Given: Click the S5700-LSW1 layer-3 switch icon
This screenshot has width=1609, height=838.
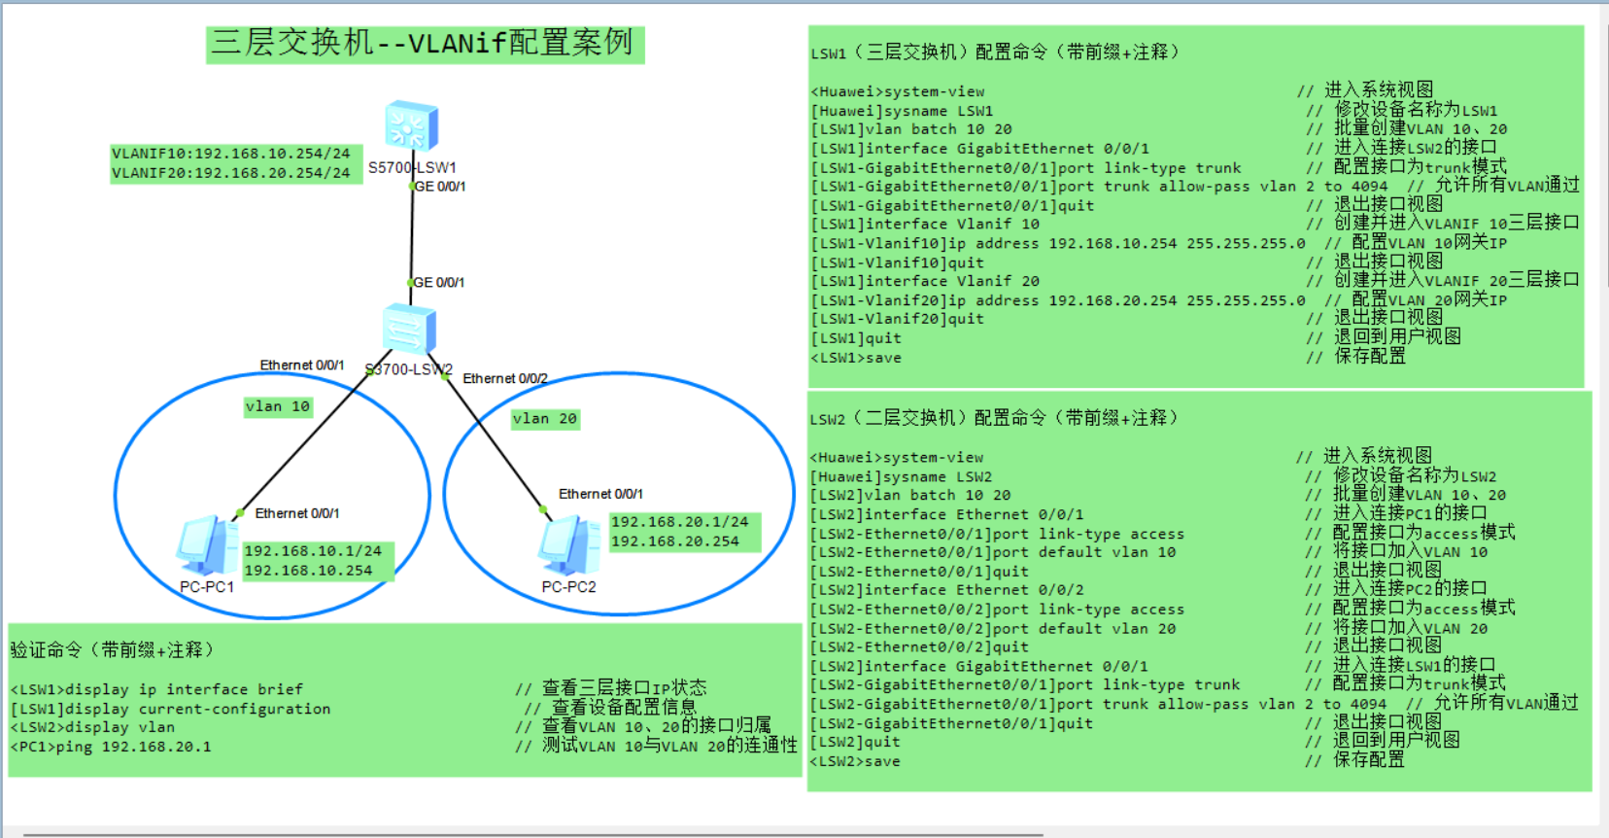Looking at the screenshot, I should coord(411,126).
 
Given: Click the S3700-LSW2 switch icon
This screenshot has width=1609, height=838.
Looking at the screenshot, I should coord(409,329).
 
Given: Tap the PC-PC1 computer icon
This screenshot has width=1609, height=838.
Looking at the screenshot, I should coord(206,546).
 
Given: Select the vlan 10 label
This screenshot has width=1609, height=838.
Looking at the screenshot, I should coord(278,406).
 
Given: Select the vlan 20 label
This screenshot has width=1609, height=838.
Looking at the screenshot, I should coord(545,418).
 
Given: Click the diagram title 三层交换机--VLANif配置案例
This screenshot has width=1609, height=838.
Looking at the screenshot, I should coord(424,44).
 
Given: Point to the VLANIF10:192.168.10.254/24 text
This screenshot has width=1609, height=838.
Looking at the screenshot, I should coord(230,154).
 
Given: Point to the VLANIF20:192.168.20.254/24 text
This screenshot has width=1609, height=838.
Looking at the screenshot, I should coord(230,173).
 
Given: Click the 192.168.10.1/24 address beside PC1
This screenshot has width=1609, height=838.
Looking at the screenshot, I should coord(313,551).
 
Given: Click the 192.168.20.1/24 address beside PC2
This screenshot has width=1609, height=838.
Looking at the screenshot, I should coord(679,522).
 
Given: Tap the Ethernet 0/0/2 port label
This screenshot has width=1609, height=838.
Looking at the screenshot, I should coord(505,378).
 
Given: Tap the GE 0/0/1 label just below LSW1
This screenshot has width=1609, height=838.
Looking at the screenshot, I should coord(440,187).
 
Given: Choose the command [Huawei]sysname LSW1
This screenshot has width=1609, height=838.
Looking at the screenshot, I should coord(903,111).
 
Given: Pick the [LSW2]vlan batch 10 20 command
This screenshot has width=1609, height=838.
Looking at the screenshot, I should coord(910,495).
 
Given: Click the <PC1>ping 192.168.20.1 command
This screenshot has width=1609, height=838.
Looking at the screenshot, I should coord(111,747).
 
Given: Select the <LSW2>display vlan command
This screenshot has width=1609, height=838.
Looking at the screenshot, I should coord(93,727).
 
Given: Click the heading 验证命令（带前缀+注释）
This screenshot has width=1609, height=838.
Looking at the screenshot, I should coord(112,649).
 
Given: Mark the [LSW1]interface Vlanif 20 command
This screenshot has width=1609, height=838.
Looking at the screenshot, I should coord(925,281).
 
